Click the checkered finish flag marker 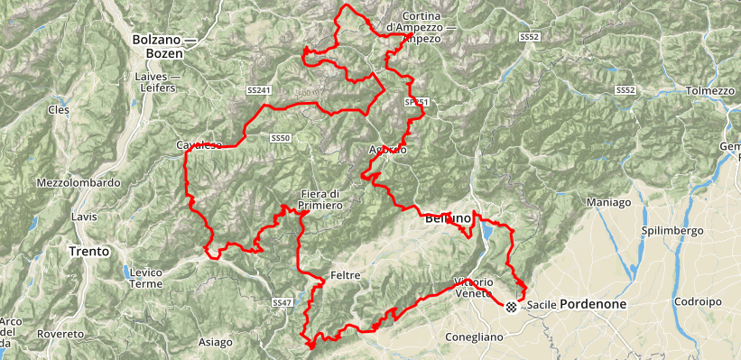512,307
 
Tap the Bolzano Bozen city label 157,46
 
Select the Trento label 90,251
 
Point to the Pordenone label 592,305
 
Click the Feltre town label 346,274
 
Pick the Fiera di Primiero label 320,199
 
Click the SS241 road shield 258,90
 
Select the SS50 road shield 280,138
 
